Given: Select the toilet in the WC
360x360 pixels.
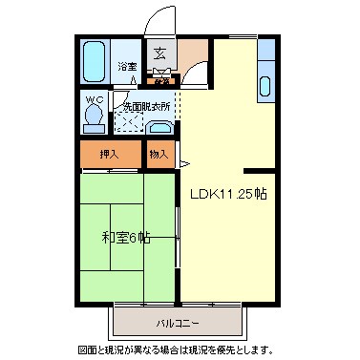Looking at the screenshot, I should (94, 114).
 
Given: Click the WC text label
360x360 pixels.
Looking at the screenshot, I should (94, 98).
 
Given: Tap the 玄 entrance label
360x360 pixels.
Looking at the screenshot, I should (160, 53).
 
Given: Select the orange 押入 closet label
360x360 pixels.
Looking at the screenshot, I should (109, 153).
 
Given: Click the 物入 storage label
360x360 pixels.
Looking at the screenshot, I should (159, 153).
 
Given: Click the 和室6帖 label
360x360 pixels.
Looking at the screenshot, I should (125, 237).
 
